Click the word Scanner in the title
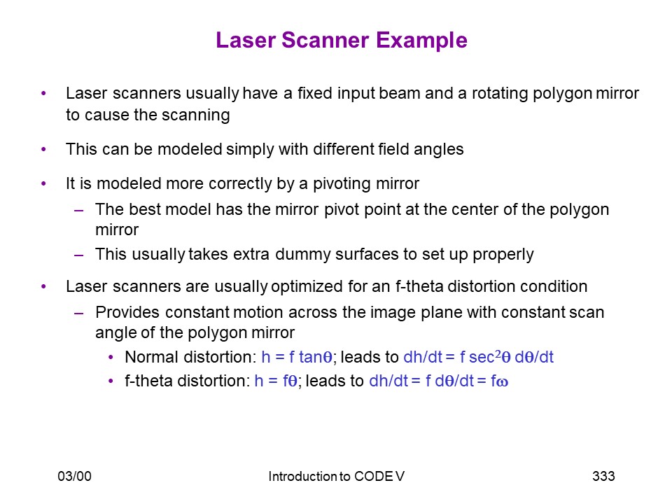(325, 41)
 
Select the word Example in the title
(421, 41)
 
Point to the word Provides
(127, 312)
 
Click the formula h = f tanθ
(297, 357)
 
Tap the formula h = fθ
(276, 381)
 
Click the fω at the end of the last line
(499, 381)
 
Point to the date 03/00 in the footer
(75, 476)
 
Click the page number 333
(603, 476)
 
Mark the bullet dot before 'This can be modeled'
(43, 150)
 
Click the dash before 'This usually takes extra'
(78, 255)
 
